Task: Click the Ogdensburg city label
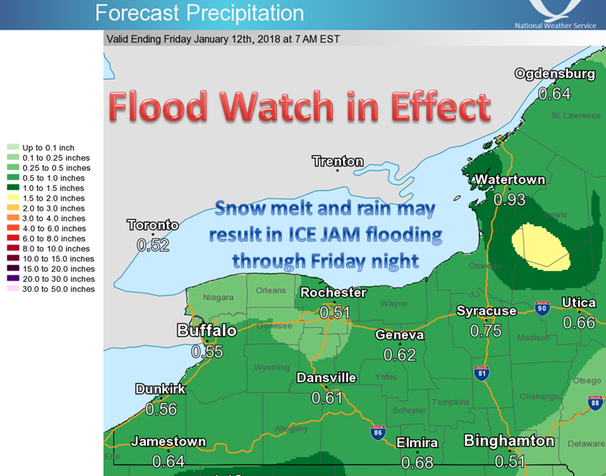554,74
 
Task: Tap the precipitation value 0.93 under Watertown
509,199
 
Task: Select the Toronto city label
152,225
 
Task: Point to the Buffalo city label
206,330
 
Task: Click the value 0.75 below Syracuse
485,330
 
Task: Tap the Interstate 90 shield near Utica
540,307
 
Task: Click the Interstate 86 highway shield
378,432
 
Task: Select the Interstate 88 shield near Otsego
594,402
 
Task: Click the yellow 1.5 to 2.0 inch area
540,246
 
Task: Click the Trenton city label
338,161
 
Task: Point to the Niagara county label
218,297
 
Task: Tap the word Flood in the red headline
156,107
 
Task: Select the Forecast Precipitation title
199,13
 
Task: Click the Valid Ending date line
223,39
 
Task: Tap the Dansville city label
326,377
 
